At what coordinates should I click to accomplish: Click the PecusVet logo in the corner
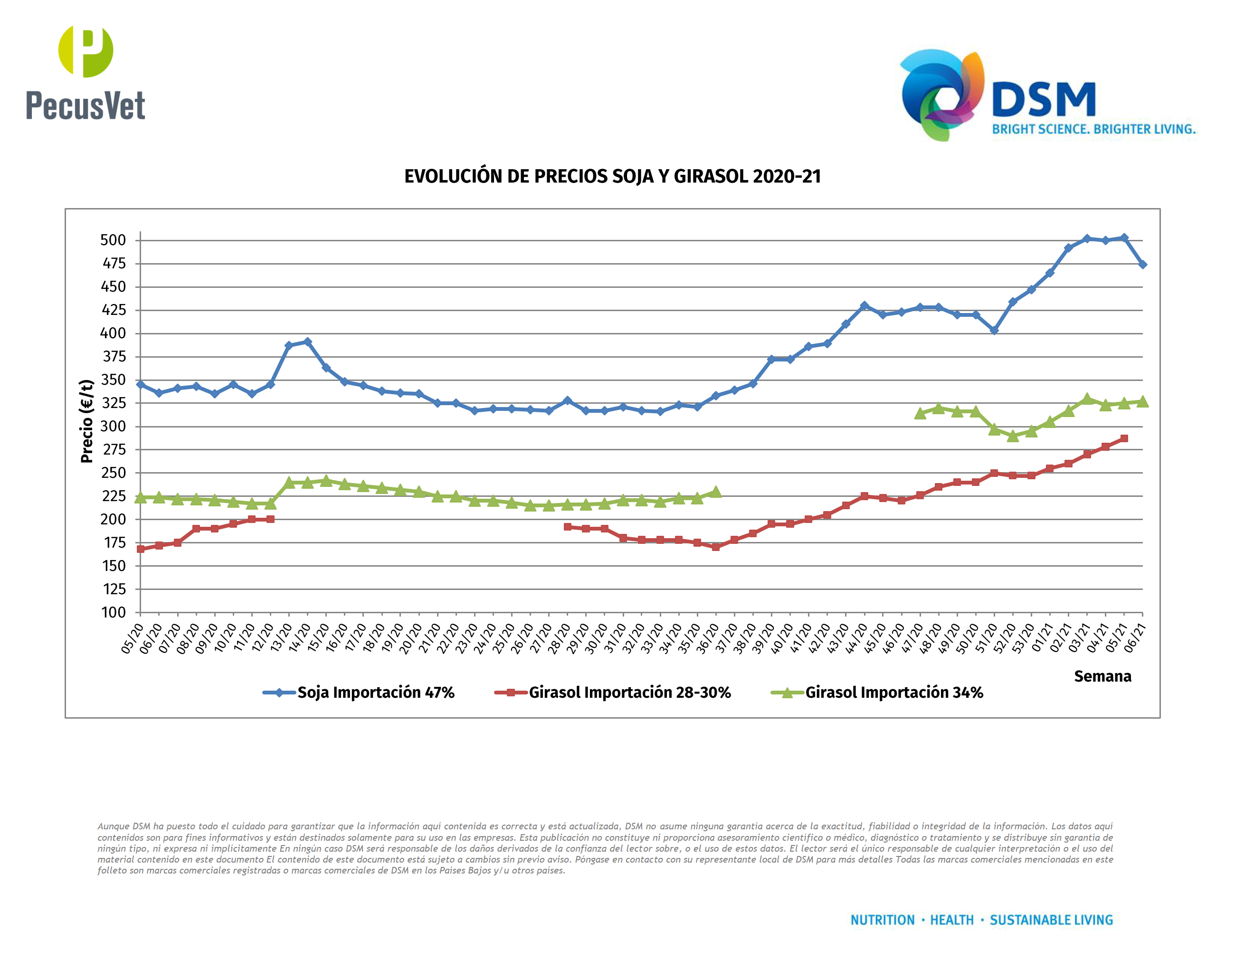(85, 72)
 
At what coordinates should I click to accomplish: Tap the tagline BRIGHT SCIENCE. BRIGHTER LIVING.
(1093, 129)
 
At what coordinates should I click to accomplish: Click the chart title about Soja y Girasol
(612, 176)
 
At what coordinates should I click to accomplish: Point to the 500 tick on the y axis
(113, 240)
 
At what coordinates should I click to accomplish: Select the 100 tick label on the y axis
(114, 613)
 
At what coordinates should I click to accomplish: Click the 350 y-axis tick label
(113, 380)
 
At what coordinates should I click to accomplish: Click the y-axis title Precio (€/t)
(87, 421)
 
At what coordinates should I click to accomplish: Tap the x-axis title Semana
(1102, 676)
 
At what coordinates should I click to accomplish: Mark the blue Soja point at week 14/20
(308, 342)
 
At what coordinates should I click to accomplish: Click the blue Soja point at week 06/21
(1142, 265)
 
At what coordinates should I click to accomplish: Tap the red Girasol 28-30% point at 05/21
(1124, 438)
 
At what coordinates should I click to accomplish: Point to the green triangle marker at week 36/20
(715, 492)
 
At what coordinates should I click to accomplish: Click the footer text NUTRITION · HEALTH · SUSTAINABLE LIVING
(981, 920)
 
